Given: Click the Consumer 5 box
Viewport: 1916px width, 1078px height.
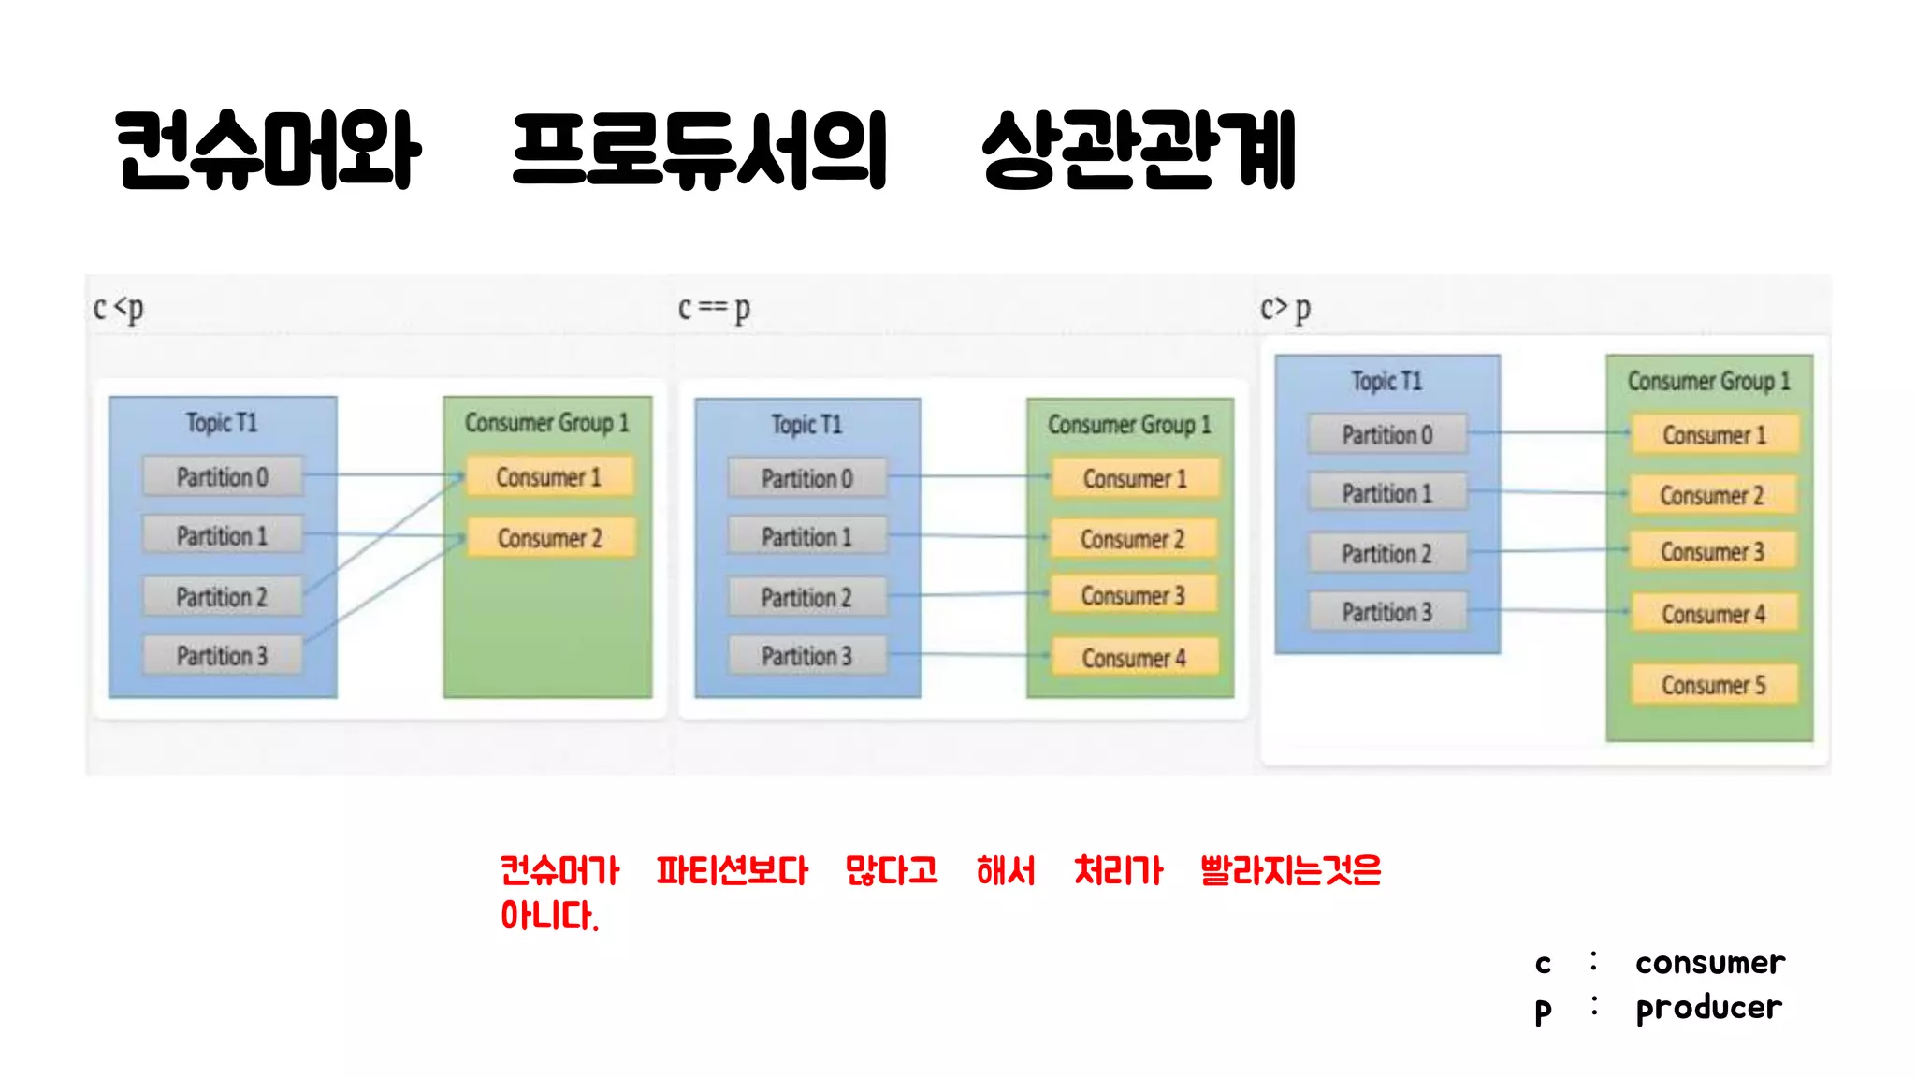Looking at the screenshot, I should [x=1713, y=685].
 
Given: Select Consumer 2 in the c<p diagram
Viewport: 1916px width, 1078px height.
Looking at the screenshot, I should [x=550, y=538].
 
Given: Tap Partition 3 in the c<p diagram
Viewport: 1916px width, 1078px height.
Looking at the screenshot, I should [x=223, y=655].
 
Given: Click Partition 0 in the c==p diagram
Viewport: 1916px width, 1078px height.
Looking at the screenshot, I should [x=806, y=478].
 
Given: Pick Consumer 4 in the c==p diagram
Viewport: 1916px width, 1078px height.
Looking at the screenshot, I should [x=1134, y=658].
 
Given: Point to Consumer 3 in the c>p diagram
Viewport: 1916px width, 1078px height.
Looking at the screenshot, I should [x=1712, y=552].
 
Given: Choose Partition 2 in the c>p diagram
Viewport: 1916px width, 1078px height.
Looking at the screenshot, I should [x=1386, y=554].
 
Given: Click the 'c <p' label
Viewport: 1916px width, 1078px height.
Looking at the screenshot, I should [x=119, y=308].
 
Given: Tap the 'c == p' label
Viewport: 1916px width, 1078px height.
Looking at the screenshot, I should [x=714, y=308].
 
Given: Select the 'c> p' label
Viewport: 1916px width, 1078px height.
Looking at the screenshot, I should [x=1285, y=308].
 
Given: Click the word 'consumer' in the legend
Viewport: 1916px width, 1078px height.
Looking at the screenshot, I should [x=1710, y=963].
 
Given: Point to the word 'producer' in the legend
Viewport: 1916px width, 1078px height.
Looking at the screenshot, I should [x=1708, y=1008].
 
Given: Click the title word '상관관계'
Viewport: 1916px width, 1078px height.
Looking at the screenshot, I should [x=1139, y=150].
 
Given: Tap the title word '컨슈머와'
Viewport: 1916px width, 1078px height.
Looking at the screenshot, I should [x=269, y=150].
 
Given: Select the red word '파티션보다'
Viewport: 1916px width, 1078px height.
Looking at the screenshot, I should [x=732, y=871].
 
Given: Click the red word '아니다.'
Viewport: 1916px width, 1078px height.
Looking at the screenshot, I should [x=549, y=915].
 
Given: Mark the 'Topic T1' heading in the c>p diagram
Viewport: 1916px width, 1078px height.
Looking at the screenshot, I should [x=1386, y=381].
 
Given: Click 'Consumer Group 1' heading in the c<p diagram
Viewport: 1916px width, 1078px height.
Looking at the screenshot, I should [x=547, y=423].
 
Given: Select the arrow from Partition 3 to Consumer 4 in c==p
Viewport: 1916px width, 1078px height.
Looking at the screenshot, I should [x=968, y=654].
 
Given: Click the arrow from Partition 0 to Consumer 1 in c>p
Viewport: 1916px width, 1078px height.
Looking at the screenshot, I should [x=1548, y=432].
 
